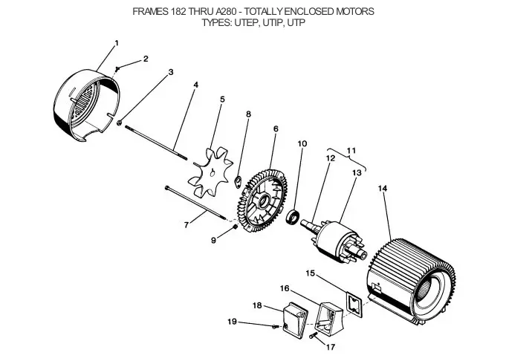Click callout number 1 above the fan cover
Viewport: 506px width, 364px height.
coord(117,43)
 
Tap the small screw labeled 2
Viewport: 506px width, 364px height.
coord(118,68)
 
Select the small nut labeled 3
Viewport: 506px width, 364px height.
coord(119,123)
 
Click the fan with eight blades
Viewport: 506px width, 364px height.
coord(210,172)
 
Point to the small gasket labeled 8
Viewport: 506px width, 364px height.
coord(238,182)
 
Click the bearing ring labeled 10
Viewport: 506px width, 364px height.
coord(293,216)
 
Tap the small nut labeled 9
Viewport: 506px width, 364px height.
coord(236,228)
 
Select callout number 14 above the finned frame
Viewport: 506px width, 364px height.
coord(383,188)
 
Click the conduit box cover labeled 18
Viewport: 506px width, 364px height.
coord(295,319)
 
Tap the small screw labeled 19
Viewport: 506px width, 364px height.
coord(275,327)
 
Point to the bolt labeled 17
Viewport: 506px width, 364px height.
coord(312,336)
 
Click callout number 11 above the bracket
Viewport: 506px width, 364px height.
coord(351,151)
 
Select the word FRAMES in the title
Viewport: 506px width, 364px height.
coord(150,12)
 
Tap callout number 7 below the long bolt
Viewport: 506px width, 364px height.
coord(186,224)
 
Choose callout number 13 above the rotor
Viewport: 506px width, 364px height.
coord(357,173)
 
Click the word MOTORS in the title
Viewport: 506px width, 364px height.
coord(355,12)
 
